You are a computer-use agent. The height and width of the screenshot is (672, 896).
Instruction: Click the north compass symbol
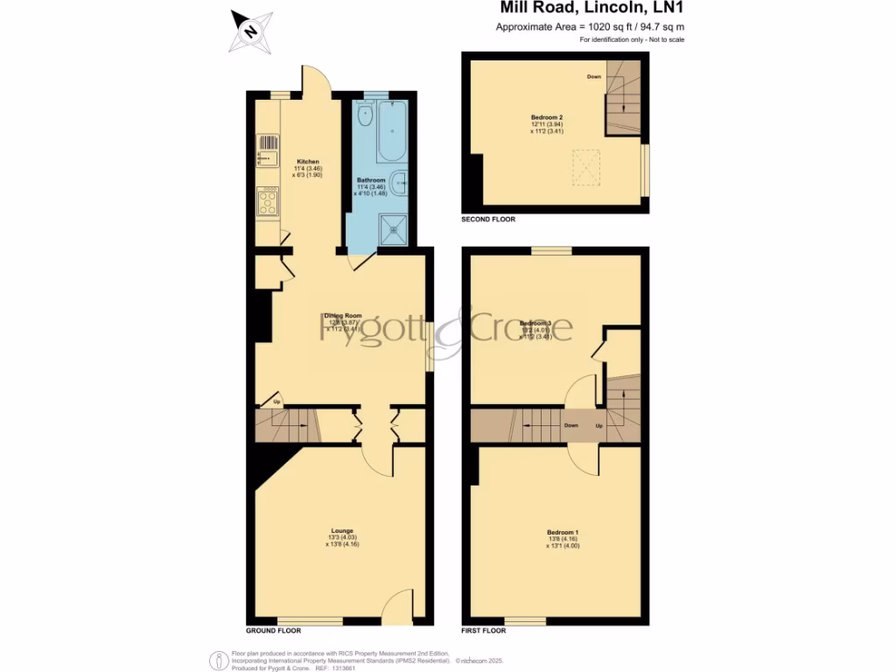pos(250,32)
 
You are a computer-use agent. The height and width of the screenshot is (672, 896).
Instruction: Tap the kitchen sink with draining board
pos(267,150)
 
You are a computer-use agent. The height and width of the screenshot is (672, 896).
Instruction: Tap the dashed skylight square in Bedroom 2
pos(587,168)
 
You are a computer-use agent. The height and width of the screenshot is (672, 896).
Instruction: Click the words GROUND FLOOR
pos(274,630)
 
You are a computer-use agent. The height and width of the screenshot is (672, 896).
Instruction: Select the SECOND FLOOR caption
pos(488,220)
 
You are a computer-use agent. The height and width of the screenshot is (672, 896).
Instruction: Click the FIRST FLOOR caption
pos(484,630)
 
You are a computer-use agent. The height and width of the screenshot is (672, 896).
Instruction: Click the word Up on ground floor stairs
pos(277,402)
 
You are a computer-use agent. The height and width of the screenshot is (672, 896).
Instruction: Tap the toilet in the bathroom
pos(365,115)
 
